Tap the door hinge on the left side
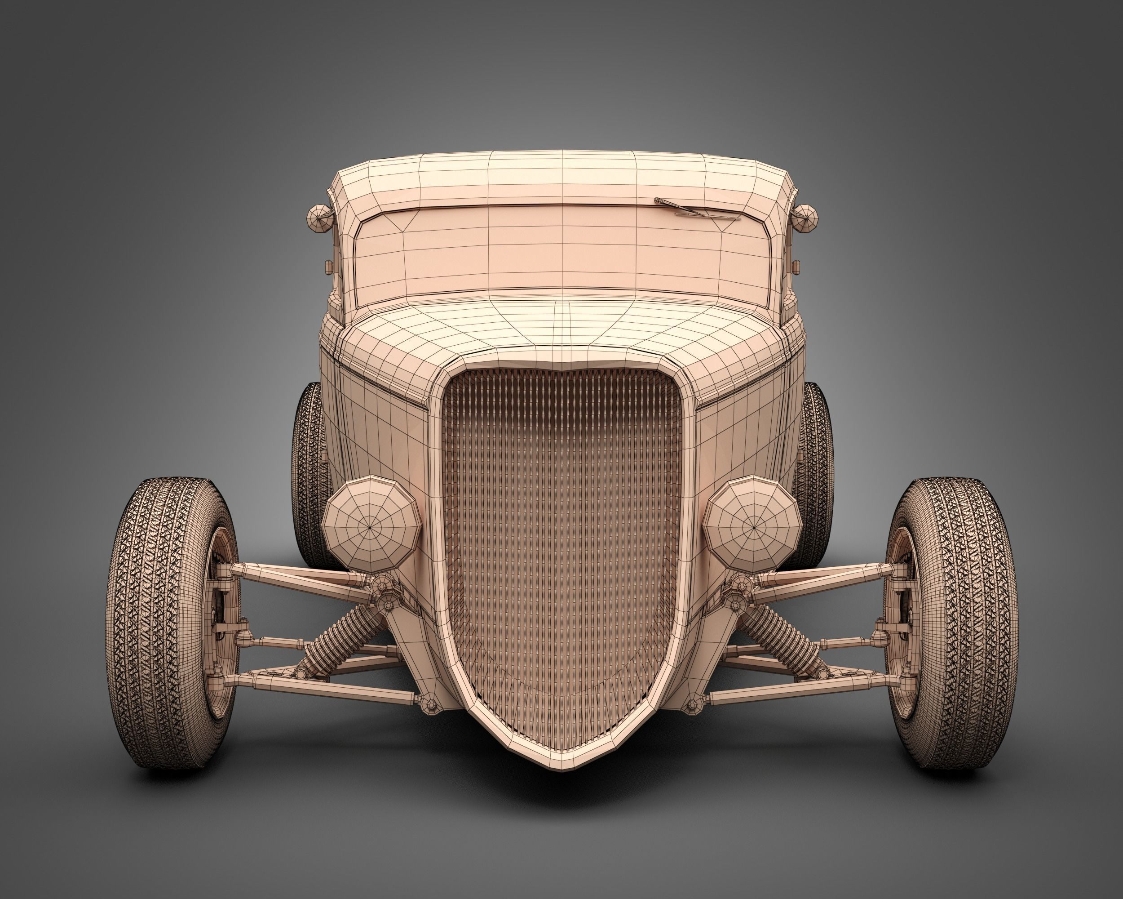[x=329, y=267]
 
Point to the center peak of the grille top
[x=562, y=365]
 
